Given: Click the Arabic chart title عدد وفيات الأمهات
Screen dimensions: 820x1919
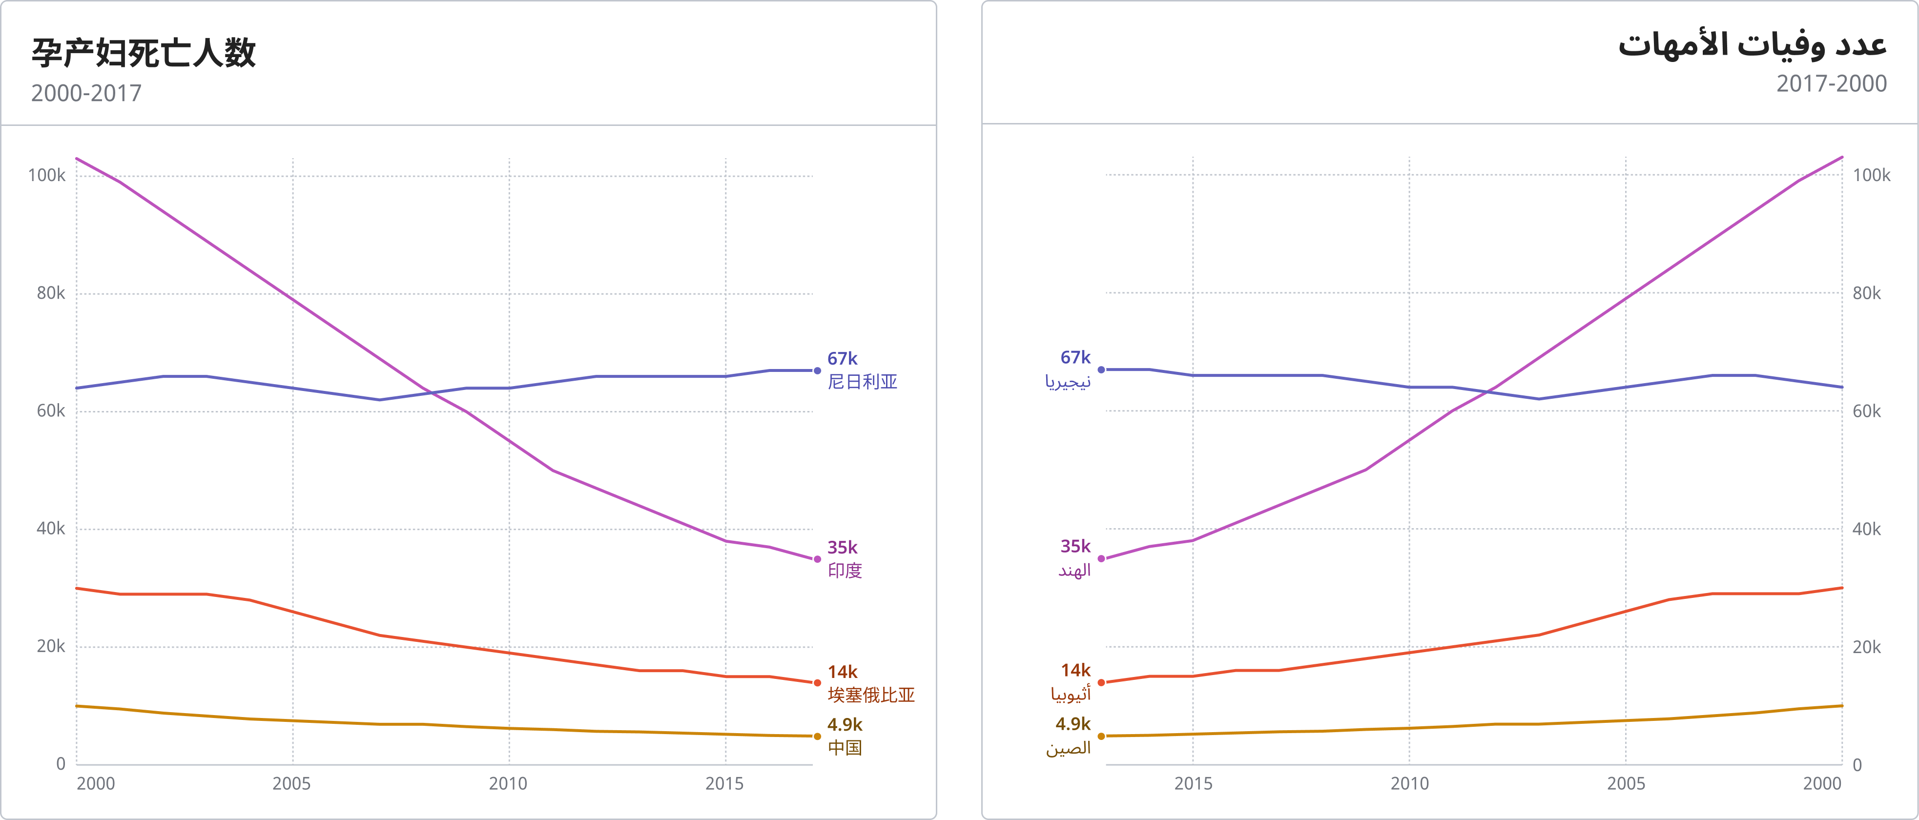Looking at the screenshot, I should [x=1752, y=45].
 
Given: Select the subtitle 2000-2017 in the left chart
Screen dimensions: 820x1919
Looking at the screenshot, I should [x=86, y=93].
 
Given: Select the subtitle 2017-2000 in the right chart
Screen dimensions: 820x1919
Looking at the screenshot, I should [x=1831, y=83].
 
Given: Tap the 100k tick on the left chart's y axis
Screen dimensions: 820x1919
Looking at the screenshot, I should [x=46, y=176].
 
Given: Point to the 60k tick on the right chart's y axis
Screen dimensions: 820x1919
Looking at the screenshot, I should [x=1866, y=411].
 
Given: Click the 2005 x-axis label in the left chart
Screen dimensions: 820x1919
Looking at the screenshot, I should [x=291, y=783].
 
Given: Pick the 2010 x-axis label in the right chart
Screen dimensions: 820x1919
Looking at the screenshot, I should [x=1409, y=783].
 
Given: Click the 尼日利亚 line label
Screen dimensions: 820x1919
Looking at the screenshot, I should [x=862, y=382].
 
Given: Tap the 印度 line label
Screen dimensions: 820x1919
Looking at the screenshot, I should [x=845, y=571].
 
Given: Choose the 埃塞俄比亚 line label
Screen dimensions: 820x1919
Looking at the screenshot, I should [x=871, y=695].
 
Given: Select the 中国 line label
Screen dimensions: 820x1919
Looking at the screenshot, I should [x=845, y=748].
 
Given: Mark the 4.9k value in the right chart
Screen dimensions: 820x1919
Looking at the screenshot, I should [x=1072, y=724].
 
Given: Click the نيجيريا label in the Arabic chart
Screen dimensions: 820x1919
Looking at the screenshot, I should [x=1068, y=381].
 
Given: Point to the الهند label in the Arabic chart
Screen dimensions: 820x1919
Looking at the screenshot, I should [x=1074, y=571].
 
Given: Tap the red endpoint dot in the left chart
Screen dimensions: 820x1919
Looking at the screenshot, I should [x=817, y=683].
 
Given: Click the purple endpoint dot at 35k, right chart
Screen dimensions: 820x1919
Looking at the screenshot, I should [x=1101, y=558].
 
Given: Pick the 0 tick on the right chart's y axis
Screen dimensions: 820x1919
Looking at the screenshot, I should [x=1857, y=765].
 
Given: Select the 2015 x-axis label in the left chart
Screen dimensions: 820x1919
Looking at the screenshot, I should [x=724, y=783].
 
